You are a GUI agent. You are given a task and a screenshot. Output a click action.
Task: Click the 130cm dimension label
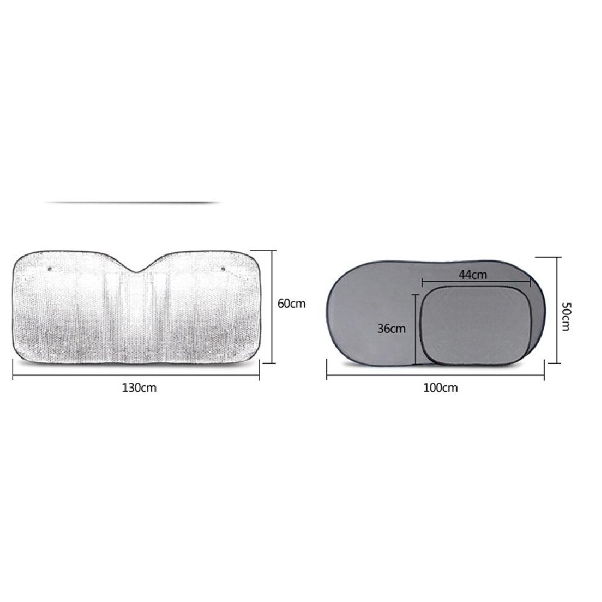(139, 388)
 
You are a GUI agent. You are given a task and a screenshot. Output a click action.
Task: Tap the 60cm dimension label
(291, 303)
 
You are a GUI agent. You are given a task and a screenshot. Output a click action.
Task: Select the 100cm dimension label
(441, 388)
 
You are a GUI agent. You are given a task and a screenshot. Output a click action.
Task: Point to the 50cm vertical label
(566, 317)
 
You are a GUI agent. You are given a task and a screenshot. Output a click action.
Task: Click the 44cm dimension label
(473, 275)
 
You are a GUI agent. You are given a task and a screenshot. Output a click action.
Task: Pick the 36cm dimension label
(391, 329)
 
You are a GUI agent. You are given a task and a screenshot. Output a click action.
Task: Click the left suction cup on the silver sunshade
(49, 268)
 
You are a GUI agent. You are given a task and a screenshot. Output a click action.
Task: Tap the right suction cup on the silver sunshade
(223, 268)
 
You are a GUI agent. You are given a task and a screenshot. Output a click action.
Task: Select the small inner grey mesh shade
(476, 325)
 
